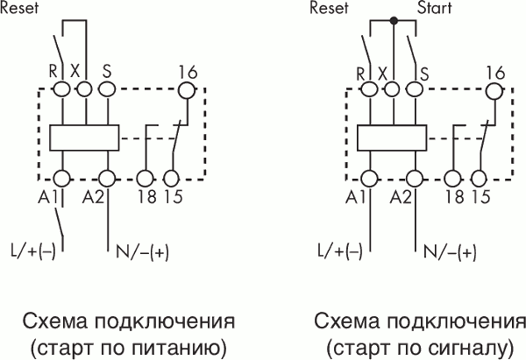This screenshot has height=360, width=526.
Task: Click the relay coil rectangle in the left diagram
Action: [x=85, y=138]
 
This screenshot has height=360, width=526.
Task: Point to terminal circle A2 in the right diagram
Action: [x=416, y=177]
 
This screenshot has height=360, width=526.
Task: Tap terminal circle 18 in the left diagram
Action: [x=146, y=177]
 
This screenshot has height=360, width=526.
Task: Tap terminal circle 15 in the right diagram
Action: [x=479, y=177]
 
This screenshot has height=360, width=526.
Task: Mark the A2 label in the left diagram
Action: [x=94, y=196]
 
